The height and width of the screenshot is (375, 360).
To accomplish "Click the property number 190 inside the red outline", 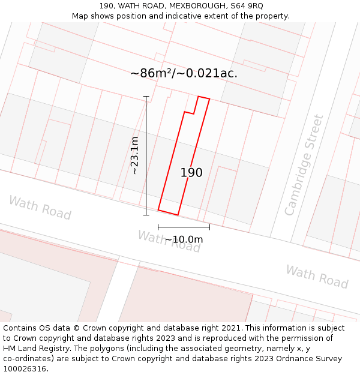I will [x=191, y=173].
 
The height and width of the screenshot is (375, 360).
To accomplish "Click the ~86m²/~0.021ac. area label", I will [x=184, y=73].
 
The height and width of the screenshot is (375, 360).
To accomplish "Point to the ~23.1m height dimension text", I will [x=135, y=155].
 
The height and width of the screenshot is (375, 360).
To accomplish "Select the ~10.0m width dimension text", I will [x=184, y=239].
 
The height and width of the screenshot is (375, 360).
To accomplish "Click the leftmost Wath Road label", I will [x=40, y=208].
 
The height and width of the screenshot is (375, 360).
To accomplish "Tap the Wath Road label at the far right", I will [x=316, y=277].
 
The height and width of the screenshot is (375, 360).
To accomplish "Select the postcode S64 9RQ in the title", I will [x=247, y=5].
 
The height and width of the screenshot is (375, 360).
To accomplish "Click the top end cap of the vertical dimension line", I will [x=146, y=96].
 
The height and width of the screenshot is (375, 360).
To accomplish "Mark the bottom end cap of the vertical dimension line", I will [x=146, y=215].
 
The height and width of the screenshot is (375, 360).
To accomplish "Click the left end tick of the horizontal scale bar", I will [x=158, y=227].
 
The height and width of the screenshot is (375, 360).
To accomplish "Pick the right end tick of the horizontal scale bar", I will [x=209, y=227].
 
